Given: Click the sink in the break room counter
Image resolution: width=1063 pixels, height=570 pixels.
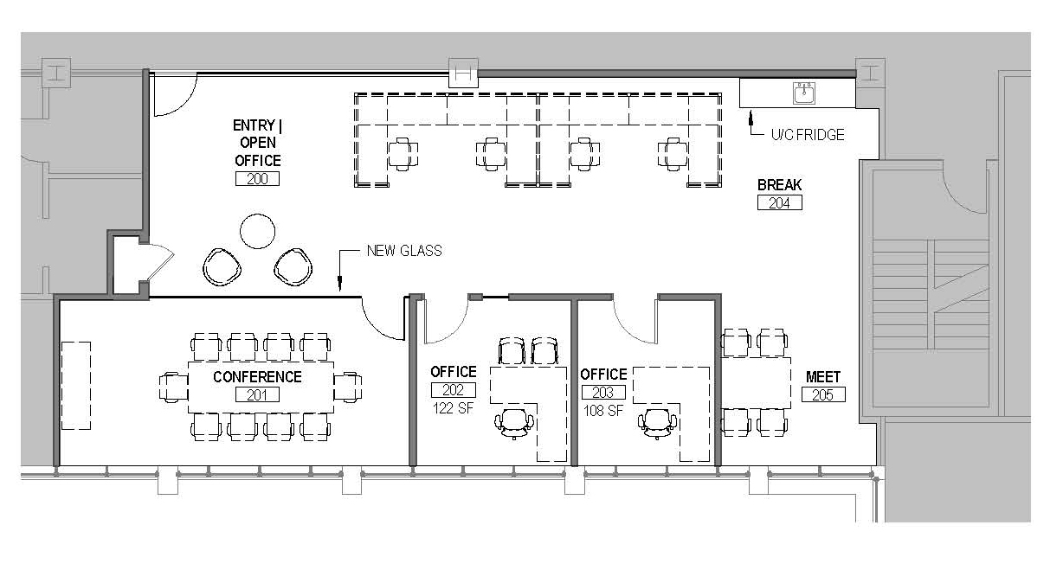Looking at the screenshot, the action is click(804, 93).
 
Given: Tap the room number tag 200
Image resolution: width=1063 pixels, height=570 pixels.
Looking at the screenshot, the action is click(257, 179).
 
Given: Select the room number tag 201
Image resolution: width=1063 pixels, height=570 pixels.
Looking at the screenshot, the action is click(257, 394).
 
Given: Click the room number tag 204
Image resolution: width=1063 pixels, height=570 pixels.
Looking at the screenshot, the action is click(779, 203).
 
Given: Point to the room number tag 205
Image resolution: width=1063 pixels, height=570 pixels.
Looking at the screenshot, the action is click(823, 394).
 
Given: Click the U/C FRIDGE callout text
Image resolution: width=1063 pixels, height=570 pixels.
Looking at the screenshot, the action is click(808, 135).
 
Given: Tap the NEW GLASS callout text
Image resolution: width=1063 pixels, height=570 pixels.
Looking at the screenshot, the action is click(404, 250).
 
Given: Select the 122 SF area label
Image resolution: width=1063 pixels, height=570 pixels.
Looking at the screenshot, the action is click(454, 408).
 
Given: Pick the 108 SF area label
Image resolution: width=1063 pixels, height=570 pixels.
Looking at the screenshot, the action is click(603, 411).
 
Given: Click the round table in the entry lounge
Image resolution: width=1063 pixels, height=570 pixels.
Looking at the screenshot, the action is click(258, 231).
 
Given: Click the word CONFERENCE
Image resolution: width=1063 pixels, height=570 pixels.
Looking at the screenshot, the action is click(257, 377).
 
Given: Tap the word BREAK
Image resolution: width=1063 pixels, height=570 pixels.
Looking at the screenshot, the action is click(779, 185).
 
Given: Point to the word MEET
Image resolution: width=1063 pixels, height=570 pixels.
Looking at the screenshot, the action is click(823, 377).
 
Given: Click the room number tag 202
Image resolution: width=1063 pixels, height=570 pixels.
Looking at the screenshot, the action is click(454, 390).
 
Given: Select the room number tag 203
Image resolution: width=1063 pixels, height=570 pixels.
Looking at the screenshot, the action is click(603, 393).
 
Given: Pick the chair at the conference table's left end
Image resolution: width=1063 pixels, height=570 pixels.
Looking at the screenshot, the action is click(174, 387).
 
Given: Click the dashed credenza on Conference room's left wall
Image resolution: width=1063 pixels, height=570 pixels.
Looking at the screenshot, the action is click(76, 386).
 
